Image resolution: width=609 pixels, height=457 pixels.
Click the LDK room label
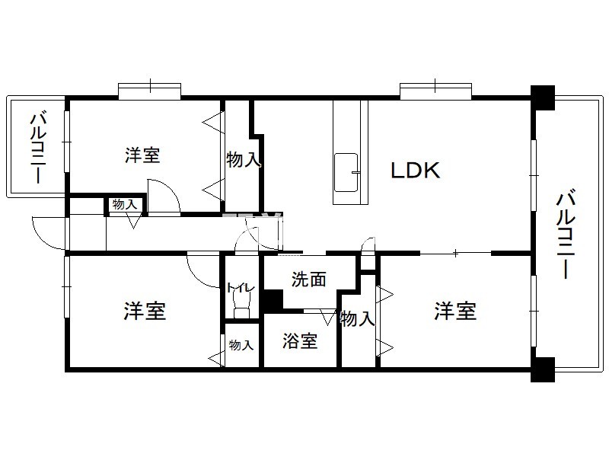[415, 170]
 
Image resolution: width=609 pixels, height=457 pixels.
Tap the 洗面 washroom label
[309, 279]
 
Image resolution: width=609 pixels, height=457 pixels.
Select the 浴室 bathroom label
[300, 340]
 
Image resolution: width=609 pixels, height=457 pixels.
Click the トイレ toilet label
[241, 288]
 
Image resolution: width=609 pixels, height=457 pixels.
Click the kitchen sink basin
[346, 172]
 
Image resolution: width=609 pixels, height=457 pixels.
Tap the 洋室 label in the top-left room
[142, 155]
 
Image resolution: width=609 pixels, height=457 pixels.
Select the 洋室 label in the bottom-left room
[145, 311]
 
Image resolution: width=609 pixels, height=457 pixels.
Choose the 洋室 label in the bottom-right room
[455, 311]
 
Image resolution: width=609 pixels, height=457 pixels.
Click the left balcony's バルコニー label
[39, 148]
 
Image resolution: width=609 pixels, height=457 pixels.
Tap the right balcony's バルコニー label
[566, 234]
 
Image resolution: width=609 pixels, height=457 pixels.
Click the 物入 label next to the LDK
[243, 159]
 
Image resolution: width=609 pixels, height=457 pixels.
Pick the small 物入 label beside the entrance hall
[125, 204]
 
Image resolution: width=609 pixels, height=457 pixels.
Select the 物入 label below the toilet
[241, 345]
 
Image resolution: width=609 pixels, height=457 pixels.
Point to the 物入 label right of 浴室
[357, 319]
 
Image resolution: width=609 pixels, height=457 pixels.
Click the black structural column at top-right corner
[543, 97]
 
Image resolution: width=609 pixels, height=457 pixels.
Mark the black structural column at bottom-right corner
[543, 369]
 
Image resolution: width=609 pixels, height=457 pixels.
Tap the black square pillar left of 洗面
[273, 301]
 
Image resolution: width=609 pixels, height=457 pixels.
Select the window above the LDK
[435, 91]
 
